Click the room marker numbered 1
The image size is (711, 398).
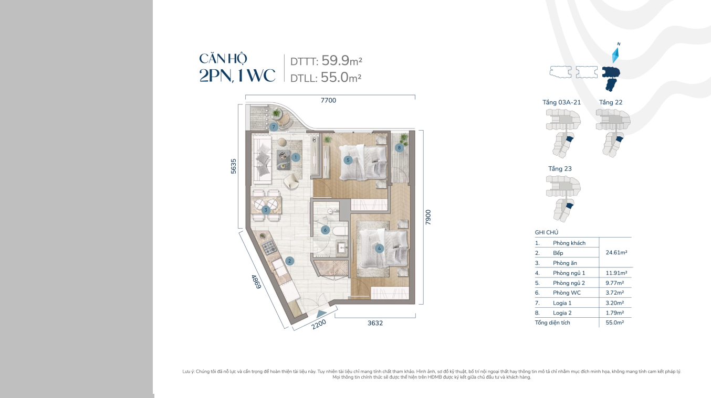(296, 157)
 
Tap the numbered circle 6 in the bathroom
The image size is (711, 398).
(325, 230)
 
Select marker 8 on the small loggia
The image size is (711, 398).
(399, 147)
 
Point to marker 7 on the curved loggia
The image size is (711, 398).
(274, 127)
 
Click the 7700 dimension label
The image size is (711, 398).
(328, 101)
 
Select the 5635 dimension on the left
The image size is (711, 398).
(234, 166)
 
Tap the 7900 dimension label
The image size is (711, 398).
(428, 217)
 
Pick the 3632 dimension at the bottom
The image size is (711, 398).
(375, 323)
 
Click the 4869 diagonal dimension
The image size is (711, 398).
(256, 282)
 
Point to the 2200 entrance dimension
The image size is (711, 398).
(319, 324)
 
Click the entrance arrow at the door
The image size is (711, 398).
(321, 314)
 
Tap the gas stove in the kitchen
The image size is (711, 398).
(268, 246)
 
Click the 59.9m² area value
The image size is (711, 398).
(342, 60)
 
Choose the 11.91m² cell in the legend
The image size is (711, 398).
(616, 273)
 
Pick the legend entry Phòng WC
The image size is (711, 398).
(567, 293)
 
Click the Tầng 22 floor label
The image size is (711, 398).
(611, 102)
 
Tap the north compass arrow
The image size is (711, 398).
(616, 55)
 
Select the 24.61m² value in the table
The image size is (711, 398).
(616, 253)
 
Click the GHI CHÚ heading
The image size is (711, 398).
(547, 232)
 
